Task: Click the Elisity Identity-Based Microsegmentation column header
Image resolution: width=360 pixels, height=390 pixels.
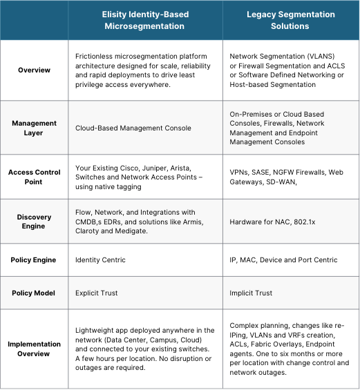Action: (146, 19)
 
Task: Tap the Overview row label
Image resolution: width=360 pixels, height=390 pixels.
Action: (34, 70)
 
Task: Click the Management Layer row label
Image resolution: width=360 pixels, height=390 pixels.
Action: (34, 128)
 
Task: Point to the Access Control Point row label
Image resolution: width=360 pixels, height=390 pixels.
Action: (34, 177)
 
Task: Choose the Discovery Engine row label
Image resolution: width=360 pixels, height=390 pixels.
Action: (34, 222)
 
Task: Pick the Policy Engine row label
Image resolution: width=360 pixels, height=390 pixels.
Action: (34, 260)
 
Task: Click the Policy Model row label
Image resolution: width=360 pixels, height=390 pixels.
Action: (34, 293)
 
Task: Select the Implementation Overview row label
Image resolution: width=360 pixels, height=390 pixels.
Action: (34, 349)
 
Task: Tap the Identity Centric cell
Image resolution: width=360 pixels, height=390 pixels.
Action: (101, 260)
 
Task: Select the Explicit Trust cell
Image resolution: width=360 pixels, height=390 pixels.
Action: (97, 293)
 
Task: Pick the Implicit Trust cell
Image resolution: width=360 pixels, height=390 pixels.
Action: (251, 293)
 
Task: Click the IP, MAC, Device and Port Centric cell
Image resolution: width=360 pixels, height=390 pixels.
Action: (283, 260)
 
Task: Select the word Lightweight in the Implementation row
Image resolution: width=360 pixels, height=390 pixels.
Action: (97, 329)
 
